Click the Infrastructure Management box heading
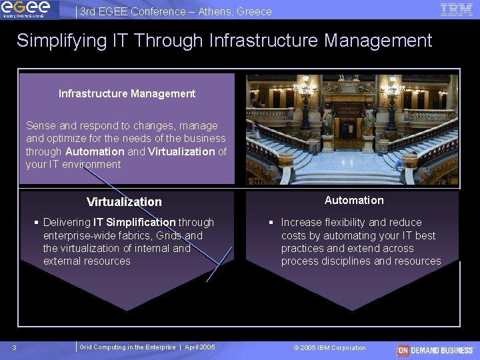[127, 93]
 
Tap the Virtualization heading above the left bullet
[124, 202]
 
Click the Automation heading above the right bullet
[354, 200]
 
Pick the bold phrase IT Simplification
[134, 222]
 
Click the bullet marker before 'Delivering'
[37, 222]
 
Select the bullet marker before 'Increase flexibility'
[271, 222]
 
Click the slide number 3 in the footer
[14, 347]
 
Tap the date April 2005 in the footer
[199, 347]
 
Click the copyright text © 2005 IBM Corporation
[329, 347]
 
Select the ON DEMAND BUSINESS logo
[435, 349]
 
